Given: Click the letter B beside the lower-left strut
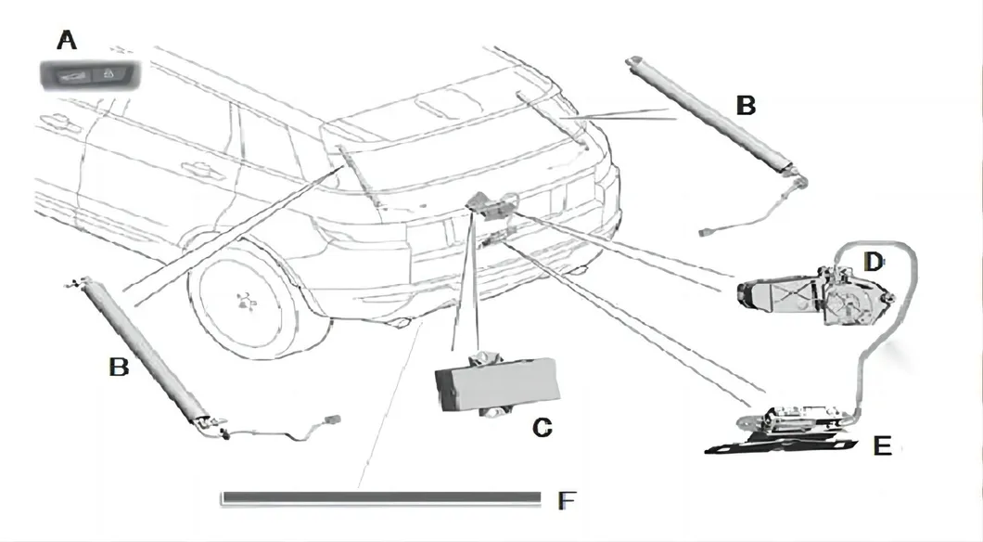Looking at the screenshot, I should coord(119,367).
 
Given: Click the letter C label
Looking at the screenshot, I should coord(543,428).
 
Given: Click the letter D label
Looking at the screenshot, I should coord(873,263).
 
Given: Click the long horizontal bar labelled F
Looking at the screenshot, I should coord(380,499).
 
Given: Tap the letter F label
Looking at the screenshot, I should coord(567,502).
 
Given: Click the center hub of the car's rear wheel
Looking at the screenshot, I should coord(245,299).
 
